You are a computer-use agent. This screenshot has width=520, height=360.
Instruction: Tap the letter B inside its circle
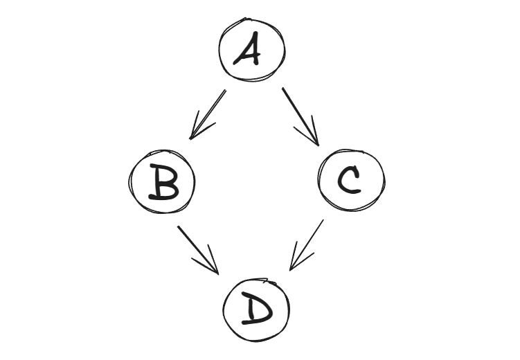(x=163, y=182)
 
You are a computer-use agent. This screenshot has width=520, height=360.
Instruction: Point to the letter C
(x=349, y=180)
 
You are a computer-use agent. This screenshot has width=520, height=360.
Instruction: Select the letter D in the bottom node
(x=256, y=308)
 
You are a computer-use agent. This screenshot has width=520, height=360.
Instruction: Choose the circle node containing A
(x=219, y=50)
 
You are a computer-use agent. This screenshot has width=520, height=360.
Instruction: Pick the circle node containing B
(x=128, y=181)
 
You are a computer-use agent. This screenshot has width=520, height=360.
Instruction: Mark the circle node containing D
(x=224, y=310)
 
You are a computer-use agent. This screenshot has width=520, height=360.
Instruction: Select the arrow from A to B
(x=208, y=114)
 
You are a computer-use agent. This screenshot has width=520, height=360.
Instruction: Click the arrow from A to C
(x=301, y=117)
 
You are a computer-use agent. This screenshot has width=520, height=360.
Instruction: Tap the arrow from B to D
(x=198, y=251)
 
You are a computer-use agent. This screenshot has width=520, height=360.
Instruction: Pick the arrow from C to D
(x=307, y=245)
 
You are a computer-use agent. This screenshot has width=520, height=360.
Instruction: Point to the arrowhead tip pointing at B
(x=190, y=139)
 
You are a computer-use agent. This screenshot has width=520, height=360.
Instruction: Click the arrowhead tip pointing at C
(x=319, y=145)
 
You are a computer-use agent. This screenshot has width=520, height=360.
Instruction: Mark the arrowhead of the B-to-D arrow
(x=218, y=274)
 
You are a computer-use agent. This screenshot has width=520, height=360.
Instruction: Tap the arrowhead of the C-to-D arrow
(x=290, y=270)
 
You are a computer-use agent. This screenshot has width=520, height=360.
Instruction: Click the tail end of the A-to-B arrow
(x=226, y=90)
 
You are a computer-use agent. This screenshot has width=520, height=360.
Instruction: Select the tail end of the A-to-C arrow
(x=283, y=88)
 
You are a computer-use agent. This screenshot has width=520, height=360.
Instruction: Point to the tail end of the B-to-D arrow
(x=178, y=226)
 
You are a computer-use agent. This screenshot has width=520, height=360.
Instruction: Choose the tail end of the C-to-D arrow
(x=323, y=220)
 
